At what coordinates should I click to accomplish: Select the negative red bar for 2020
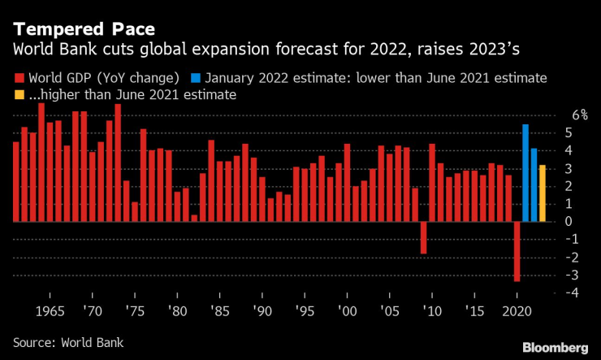tap(517, 251)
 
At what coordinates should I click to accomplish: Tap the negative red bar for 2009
tap(423, 237)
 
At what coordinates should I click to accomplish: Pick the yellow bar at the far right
tap(542, 193)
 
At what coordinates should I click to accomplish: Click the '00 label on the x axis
tap(347, 312)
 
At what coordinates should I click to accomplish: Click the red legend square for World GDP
tap(19, 79)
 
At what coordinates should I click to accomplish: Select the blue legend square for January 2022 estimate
tap(196, 79)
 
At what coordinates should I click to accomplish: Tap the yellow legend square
tap(19, 96)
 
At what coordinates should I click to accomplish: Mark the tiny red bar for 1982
tap(194, 218)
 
